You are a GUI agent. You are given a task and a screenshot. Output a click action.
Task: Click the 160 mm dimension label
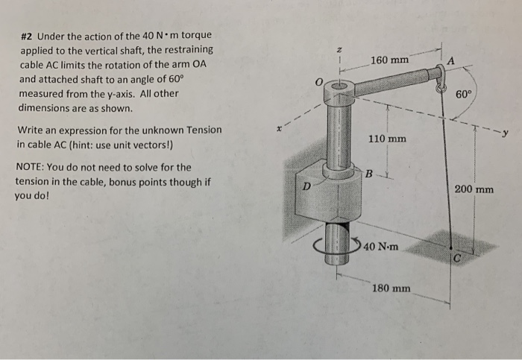coord(388,59)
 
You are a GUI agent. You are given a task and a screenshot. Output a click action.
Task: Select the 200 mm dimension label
coord(474,189)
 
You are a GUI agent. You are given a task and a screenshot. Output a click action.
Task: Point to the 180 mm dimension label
coord(391,288)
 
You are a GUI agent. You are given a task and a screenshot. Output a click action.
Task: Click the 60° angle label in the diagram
coord(463,95)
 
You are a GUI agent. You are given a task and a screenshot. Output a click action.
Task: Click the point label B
coord(369,174)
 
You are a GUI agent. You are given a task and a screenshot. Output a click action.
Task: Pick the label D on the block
coord(306,186)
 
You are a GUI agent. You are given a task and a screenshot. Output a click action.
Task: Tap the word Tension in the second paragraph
coord(199,130)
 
